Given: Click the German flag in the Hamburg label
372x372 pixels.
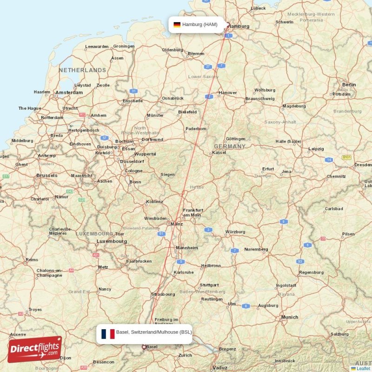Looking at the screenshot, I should [177, 24].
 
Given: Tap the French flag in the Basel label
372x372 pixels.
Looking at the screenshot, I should [108, 333].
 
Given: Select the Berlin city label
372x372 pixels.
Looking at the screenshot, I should [349, 85].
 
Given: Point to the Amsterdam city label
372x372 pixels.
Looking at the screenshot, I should [69, 93].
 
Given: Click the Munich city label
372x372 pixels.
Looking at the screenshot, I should [289, 317].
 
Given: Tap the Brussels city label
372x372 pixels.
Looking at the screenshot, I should [47, 175].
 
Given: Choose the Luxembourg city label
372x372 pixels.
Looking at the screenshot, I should [112, 241].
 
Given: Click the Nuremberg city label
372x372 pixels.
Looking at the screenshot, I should [256, 249].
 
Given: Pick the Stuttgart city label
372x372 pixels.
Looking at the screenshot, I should [209, 285].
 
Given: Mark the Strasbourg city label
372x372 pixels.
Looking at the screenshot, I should [163, 294].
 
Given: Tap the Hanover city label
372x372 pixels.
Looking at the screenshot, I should [228, 93].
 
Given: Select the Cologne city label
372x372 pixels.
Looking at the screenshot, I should [133, 171].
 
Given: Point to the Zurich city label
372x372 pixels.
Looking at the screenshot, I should [185, 355].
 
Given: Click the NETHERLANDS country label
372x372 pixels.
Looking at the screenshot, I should [82, 70].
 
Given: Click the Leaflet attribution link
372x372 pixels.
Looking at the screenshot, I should [363, 368].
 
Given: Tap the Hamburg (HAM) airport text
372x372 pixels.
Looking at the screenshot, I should [199, 24].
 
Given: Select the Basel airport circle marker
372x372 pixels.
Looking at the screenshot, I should [144, 346].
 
